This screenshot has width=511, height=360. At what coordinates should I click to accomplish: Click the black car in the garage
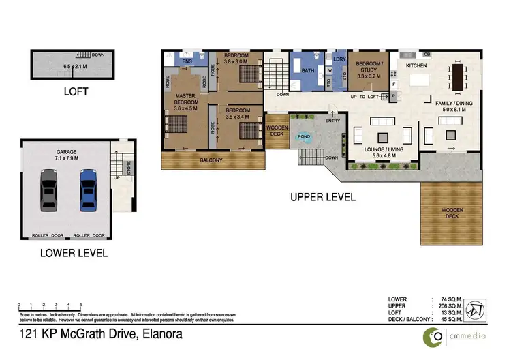tap(48, 190)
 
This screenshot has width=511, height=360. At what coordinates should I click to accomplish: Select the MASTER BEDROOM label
tap(185, 102)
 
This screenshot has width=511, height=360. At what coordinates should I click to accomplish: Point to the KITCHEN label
tap(416, 65)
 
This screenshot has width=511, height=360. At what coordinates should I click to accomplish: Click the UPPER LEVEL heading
tap(322, 197)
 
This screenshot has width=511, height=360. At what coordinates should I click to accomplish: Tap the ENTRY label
tap(332, 121)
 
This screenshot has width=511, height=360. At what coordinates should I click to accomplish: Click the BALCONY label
tap(211, 160)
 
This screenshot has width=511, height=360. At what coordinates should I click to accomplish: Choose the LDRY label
tap(340, 59)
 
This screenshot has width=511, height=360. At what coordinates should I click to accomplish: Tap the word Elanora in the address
tap(161, 335)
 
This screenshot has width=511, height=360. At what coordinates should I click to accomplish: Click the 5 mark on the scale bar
tap(81, 304)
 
